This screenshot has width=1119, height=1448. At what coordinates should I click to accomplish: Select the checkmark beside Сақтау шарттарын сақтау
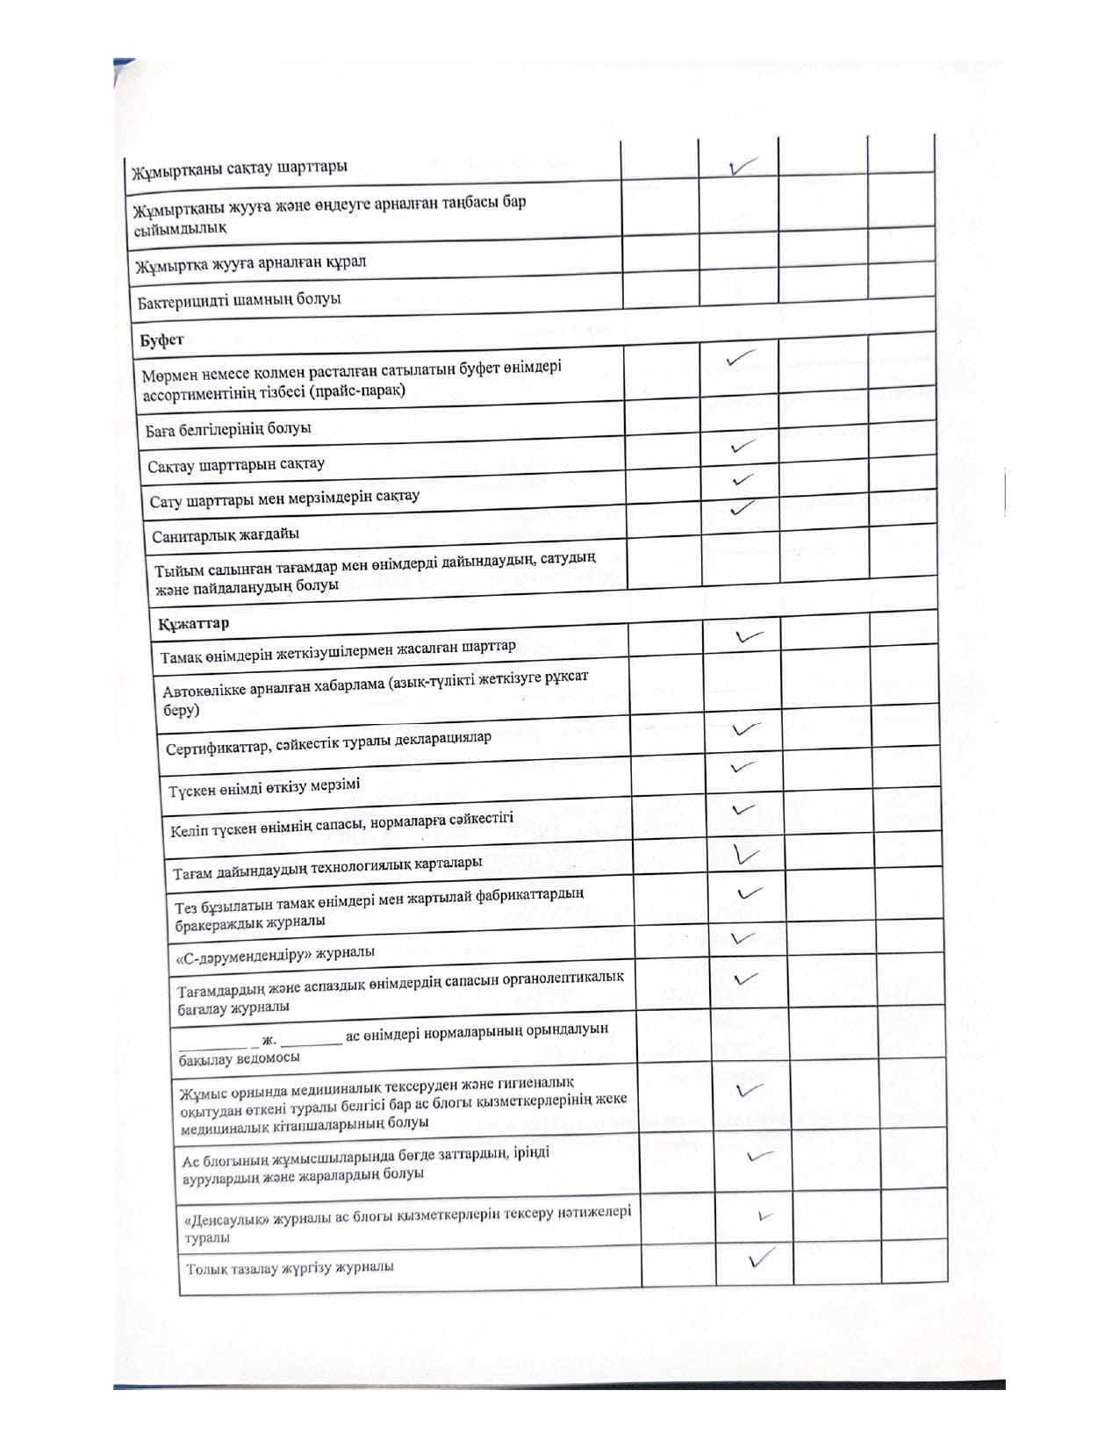pyautogui.click(x=742, y=448)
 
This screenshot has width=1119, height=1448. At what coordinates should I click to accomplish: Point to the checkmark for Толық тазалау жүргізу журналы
pyautogui.click(x=761, y=1259)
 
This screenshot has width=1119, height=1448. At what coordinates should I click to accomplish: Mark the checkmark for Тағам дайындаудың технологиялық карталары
pyautogui.click(x=747, y=853)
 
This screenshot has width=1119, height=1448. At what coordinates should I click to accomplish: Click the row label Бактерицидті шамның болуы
pyautogui.click(x=239, y=300)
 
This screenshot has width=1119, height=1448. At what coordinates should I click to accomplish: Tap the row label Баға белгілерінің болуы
pyautogui.click(x=229, y=430)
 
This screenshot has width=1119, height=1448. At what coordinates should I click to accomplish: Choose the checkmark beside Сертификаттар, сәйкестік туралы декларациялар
pyautogui.click(x=745, y=729)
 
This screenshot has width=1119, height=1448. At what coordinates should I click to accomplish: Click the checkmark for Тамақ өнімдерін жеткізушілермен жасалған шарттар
pyautogui.click(x=749, y=636)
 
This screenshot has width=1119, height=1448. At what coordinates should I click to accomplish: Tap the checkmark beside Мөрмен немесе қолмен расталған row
pyautogui.click(x=741, y=358)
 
